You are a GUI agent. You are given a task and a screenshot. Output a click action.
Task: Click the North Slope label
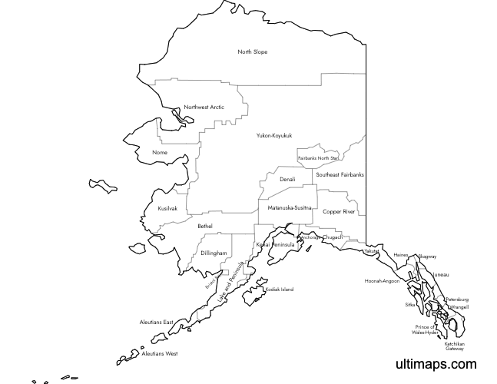(x=253, y=52)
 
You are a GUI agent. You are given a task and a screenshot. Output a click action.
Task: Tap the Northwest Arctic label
(x=204, y=107)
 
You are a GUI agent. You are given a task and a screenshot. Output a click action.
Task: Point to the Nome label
(x=160, y=152)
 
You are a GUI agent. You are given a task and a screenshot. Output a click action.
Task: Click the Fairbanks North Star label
(x=318, y=158)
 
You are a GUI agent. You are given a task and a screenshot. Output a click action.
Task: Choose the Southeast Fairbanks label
(x=340, y=175)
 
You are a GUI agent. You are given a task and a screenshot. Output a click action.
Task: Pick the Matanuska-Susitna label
(x=290, y=208)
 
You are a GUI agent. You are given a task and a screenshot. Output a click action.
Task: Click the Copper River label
(x=339, y=211)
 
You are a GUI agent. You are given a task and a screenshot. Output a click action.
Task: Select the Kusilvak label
(x=167, y=208)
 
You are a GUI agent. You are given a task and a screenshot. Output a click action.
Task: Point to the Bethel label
(x=205, y=226)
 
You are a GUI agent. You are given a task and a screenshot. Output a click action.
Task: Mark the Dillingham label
(x=214, y=253)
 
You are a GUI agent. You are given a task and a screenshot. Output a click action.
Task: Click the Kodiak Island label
(x=280, y=290)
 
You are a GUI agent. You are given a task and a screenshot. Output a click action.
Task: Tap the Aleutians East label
(x=157, y=322)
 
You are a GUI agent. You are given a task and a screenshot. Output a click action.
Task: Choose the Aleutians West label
(x=160, y=354)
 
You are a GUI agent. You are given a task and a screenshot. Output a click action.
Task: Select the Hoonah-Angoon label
(x=382, y=281)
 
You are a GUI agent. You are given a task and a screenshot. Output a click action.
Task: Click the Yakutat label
(x=373, y=251)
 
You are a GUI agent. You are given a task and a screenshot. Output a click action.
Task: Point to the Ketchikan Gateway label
(x=454, y=346)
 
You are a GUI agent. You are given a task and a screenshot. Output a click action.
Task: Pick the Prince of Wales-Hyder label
(x=425, y=330)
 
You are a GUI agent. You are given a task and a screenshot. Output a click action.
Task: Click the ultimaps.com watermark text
(x=436, y=364)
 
